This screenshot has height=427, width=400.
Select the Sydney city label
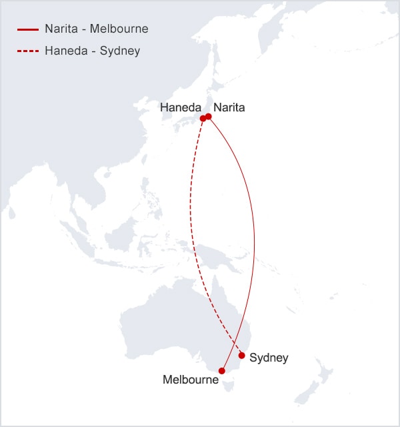click(269, 358)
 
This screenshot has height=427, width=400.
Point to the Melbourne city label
click(191, 380)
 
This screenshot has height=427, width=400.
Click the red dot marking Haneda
click(203, 118)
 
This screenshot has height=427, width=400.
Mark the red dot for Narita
click(209, 117)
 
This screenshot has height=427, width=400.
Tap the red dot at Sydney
click(241, 356)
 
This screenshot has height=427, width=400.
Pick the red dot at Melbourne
click(222, 371)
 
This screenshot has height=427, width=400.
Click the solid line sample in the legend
click(29, 30)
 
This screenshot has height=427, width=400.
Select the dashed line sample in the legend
click(29, 51)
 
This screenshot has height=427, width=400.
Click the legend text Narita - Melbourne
click(97, 30)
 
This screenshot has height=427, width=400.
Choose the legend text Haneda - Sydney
click(92, 51)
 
